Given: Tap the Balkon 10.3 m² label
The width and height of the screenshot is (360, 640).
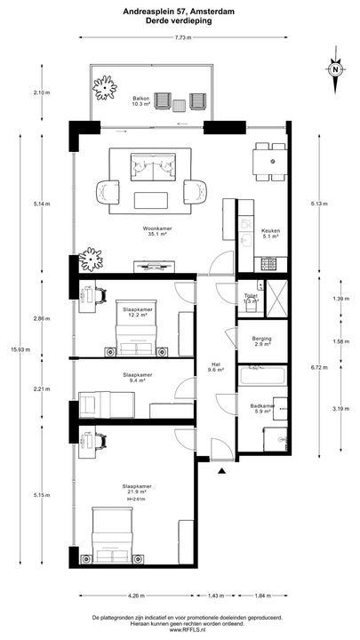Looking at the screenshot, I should pos(141,100).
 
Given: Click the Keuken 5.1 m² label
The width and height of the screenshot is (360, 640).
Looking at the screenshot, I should pos(270,233).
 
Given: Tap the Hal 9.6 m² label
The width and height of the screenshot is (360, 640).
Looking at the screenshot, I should pos(216,366).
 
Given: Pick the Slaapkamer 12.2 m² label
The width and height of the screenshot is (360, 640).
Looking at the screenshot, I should pos(137,312).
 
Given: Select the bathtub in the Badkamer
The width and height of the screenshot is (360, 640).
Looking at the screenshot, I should pos(261,376).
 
